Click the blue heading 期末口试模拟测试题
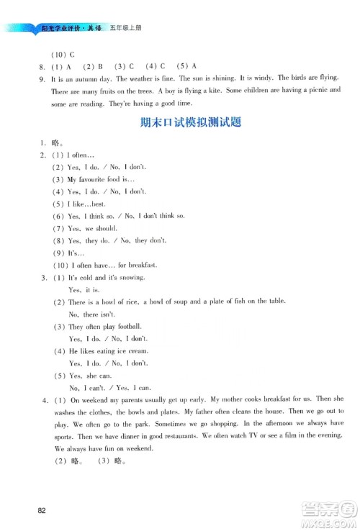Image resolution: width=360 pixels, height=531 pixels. (179, 122)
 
